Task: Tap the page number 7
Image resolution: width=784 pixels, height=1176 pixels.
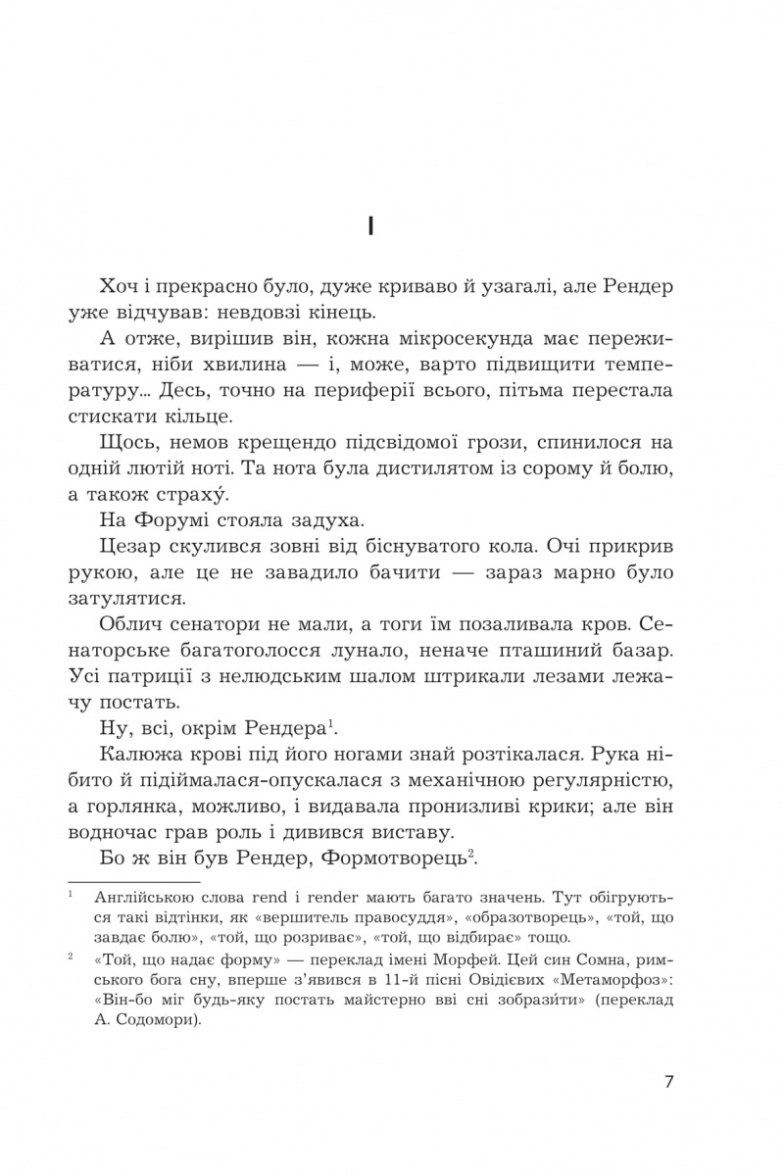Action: pyautogui.click(x=668, y=1082)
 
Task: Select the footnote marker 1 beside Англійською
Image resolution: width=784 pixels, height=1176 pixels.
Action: pyautogui.click(x=72, y=894)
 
